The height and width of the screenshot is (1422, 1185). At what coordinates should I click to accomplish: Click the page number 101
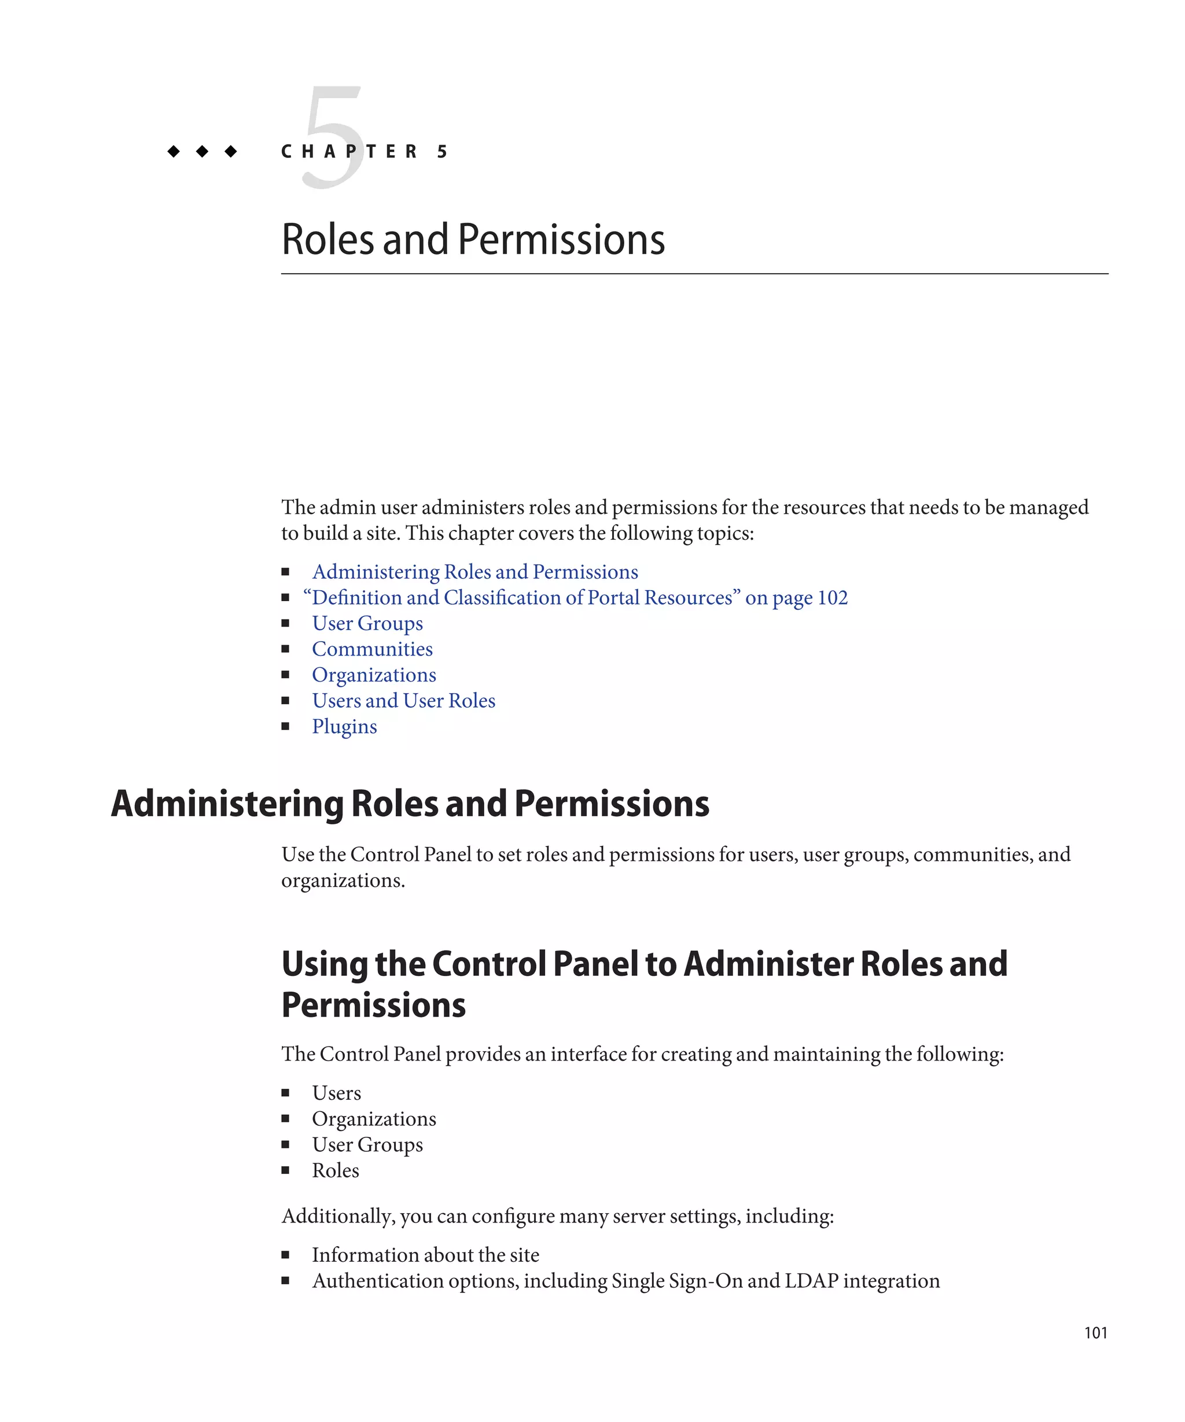[1095, 1332]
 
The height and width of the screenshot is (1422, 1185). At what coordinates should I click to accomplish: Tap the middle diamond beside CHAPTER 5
[202, 151]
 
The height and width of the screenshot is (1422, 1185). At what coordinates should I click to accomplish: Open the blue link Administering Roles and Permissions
[474, 572]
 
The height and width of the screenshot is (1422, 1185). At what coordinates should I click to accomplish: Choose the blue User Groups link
[367, 623]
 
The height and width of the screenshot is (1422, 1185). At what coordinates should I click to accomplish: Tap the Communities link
[371, 649]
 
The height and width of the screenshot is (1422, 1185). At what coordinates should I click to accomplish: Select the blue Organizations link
[374, 675]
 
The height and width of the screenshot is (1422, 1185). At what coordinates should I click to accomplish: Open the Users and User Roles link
[403, 700]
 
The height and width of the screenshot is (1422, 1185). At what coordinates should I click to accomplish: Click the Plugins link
[344, 726]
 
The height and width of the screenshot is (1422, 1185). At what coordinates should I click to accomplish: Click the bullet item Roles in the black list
[335, 1170]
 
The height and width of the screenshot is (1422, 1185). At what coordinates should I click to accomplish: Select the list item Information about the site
[425, 1255]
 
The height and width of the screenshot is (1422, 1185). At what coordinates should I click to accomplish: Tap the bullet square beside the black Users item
[286, 1093]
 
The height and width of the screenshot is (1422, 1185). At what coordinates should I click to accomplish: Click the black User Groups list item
[367, 1144]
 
